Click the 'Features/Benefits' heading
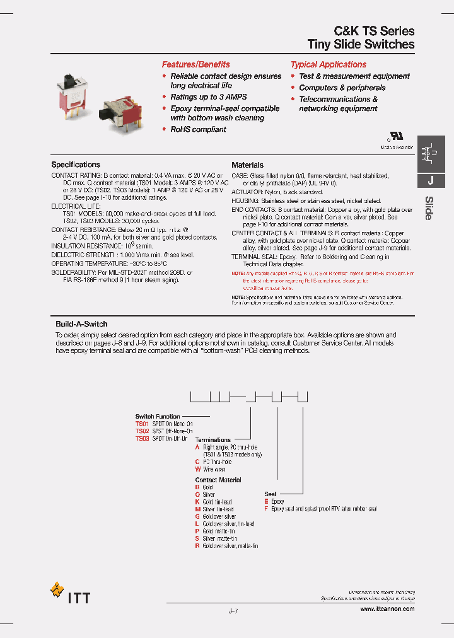(x=195, y=64)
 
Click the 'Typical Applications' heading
(x=328, y=64)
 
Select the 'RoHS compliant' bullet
(x=198, y=129)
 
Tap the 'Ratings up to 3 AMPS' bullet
(x=208, y=97)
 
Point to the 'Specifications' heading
(x=76, y=165)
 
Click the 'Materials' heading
(x=247, y=165)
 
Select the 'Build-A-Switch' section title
(x=81, y=324)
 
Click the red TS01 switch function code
(x=142, y=424)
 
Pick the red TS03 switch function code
(x=142, y=438)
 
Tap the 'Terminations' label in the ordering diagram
(x=213, y=439)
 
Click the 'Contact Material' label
(x=218, y=480)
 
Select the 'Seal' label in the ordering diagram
(x=271, y=494)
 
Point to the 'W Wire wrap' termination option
(x=210, y=470)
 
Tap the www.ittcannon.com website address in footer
(x=387, y=609)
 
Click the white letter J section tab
(x=430, y=180)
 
